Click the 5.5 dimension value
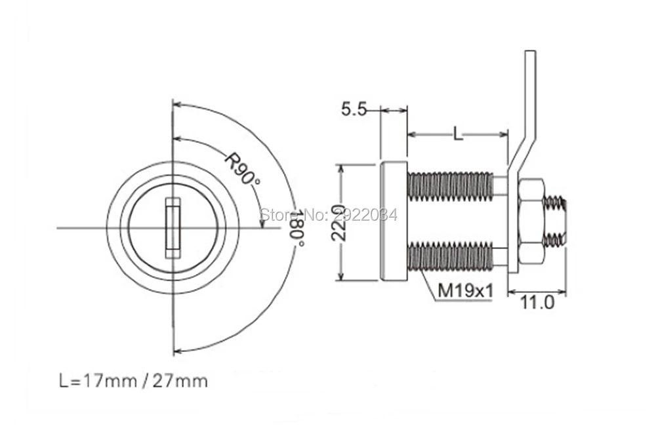click(x=354, y=109)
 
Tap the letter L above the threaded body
click(x=458, y=134)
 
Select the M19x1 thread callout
click(x=465, y=290)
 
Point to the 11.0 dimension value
click(x=537, y=302)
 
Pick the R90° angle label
click(x=242, y=169)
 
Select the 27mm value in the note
click(x=180, y=381)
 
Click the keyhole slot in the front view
click(x=173, y=228)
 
